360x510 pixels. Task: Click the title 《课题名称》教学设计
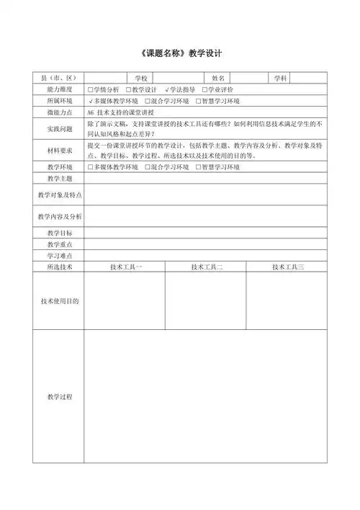click(x=181, y=53)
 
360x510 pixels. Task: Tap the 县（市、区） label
click(x=59, y=78)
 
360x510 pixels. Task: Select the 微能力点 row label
click(x=60, y=113)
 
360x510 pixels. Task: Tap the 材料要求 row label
click(x=60, y=151)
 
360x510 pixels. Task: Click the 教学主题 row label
click(x=60, y=178)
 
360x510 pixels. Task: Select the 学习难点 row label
click(x=60, y=256)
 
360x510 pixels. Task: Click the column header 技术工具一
click(x=126, y=267)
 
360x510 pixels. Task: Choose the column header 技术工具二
click(x=207, y=267)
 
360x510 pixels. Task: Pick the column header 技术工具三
click(x=288, y=267)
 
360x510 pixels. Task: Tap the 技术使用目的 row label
click(x=60, y=300)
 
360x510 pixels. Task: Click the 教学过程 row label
click(x=60, y=397)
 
